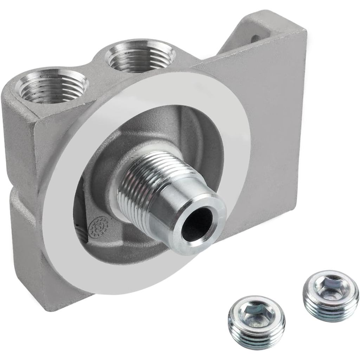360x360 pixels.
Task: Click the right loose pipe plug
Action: (331, 295)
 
